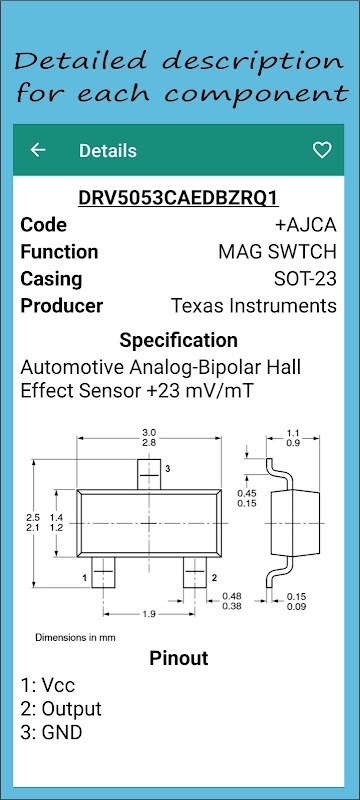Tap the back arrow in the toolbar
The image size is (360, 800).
click(38, 150)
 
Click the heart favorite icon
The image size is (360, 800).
click(322, 150)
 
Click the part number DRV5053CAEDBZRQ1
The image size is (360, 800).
click(178, 198)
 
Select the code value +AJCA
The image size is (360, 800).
click(305, 225)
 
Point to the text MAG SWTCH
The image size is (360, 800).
click(277, 252)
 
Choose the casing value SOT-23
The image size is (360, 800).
click(305, 279)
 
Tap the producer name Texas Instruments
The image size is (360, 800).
click(253, 306)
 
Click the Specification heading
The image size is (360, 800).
click(178, 340)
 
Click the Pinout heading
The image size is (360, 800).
click(178, 658)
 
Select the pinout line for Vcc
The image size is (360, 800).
click(47, 685)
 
